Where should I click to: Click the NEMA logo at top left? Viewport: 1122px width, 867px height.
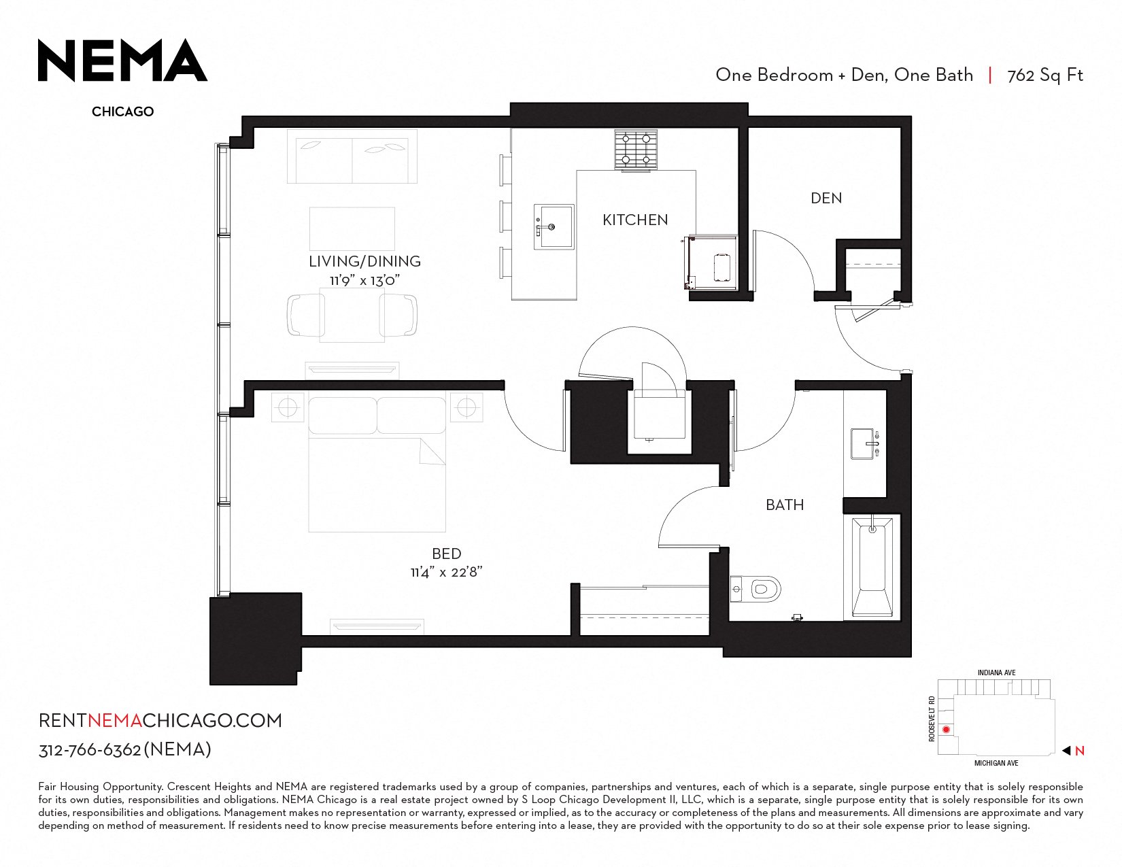click(x=122, y=60)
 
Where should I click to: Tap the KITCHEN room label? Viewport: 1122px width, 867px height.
click(x=635, y=220)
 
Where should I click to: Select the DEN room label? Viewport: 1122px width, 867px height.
click(x=826, y=198)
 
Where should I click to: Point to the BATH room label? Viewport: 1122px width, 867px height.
click(x=785, y=505)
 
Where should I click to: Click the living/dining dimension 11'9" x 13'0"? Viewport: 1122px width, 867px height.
click(x=365, y=280)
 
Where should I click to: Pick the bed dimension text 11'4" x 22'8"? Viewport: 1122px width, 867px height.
click(x=446, y=572)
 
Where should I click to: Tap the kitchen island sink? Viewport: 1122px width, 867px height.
click(x=554, y=226)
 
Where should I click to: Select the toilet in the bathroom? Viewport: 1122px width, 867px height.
click(x=755, y=589)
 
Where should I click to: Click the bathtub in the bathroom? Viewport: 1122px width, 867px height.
click(x=872, y=566)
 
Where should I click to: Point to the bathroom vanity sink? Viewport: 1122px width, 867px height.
click(x=864, y=443)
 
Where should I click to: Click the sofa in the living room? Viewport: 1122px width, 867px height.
click(x=352, y=156)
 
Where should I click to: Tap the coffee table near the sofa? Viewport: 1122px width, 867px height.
click(x=352, y=228)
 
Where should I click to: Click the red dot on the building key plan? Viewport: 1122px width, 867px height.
click(x=946, y=730)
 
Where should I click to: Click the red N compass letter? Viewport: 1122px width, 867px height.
click(x=1079, y=751)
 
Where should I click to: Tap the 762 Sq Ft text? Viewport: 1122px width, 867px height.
click(x=1045, y=75)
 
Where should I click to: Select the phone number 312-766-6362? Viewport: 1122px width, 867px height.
click(x=89, y=749)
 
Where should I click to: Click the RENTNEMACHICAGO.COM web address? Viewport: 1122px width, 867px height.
click(x=160, y=720)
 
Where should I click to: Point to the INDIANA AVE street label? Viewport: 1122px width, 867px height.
click(x=996, y=673)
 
